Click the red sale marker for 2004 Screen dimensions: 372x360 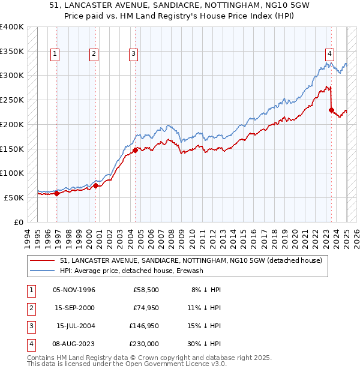coord(135,151)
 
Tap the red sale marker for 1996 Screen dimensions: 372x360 coord(57,193)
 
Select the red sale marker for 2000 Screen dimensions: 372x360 coord(96,185)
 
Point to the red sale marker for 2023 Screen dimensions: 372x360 coord(331,110)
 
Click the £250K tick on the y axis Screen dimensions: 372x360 coord(12,100)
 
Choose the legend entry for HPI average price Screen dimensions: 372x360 coord(131,271)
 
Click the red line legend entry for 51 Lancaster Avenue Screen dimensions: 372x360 coord(191,260)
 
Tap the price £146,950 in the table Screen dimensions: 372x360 coord(144,326)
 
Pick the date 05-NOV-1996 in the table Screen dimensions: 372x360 coord(74,290)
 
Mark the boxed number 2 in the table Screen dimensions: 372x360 coord(31,308)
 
